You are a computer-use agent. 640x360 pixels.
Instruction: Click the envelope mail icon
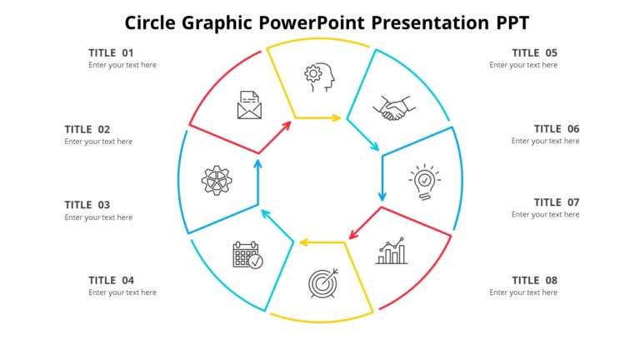pyautogui.click(x=249, y=105)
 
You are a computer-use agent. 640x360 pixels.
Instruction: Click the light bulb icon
pyautogui.click(x=424, y=182)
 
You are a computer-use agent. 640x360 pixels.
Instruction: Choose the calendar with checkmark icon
pyautogui.click(x=247, y=254)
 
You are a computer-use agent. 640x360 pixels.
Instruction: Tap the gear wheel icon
pyautogui.click(x=216, y=181)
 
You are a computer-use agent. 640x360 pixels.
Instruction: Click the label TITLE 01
pyautogui.click(x=111, y=52)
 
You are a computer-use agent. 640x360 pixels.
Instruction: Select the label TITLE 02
pyautogui.click(x=87, y=129)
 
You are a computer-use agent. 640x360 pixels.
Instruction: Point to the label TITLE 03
pyautogui.click(x=87, y=205)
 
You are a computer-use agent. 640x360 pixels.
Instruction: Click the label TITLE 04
pyautogui.click(x=111, y=281)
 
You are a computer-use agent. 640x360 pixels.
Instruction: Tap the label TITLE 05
pyautogui.click(x=534, y=52)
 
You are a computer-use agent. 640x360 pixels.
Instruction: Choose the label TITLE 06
pyautogui.click(x=557, y=129)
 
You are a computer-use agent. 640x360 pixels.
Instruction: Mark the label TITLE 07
pyautogui.click(x=557, y=202)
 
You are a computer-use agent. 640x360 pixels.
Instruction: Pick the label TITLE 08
pyautogui.click(x=534, y=281)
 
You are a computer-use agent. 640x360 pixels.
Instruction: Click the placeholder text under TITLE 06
pyautogui.click(x=545, y=142)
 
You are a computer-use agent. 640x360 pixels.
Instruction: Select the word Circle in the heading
pyautogui.click(x=150, y=22)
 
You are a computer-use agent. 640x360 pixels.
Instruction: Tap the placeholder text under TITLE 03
pyautogui.click(x=98, y=217)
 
